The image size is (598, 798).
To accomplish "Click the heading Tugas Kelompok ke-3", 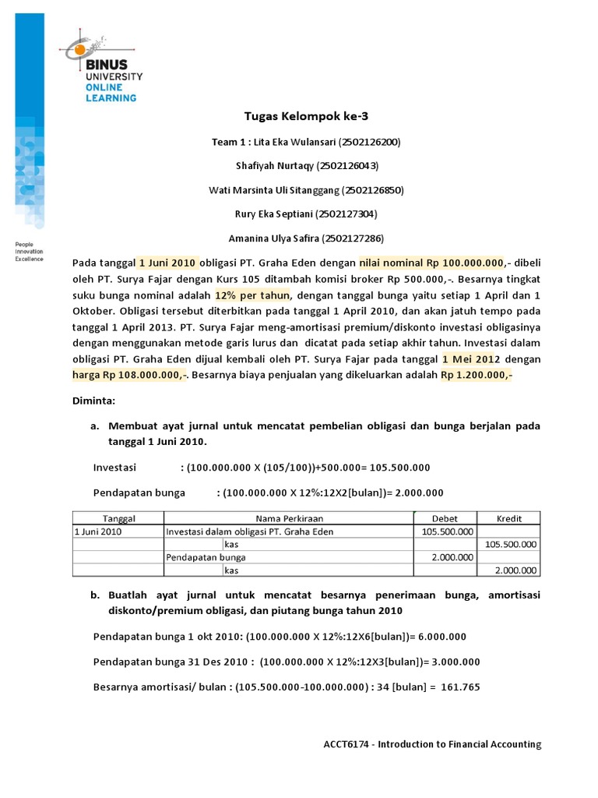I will [306, 117].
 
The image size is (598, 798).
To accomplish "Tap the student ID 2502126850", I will [363, 189].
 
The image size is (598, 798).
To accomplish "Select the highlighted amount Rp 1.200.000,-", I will [477, 375].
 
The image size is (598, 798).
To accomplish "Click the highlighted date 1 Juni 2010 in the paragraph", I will [168, 263].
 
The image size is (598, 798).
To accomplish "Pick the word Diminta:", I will [93, 401].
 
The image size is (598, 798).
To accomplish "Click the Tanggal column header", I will [119, 518].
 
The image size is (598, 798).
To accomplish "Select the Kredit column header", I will [508, 518].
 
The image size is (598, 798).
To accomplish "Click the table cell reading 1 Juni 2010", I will [98, 531].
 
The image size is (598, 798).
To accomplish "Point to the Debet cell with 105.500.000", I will [446, 531].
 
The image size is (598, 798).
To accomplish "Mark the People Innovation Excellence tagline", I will [30, 252].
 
